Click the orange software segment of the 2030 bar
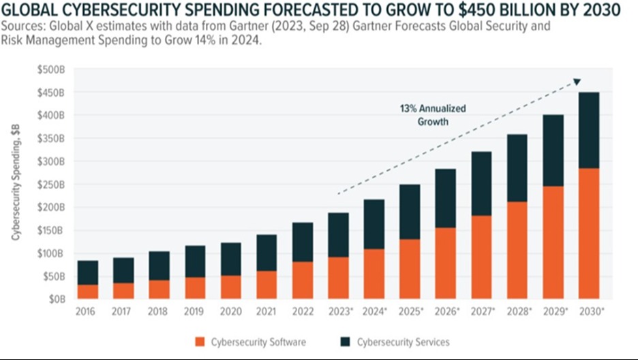pyautogui.click(x=589, y=233)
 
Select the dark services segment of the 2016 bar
pyautogui.click(x=88, y=273)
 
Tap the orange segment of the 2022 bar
pyautogui.click(x=303, y=280)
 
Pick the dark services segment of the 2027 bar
pyautogui.click(x=481, y=184)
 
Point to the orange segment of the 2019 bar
pyautogui.click(x=196, y=288)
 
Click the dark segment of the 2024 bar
pyautogui.click(x=374, y=225)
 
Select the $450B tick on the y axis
pyautogui.click(x=51, y=93)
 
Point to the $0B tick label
pyautogui.click(x=57, y=299)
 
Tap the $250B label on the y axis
pyautogui.click(x=51, y=184)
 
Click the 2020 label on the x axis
pyautogui.click(x=230, y=312)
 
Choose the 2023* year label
pyautogui.click(x=341, y=312)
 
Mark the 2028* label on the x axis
pyautogui.click(x=519, y=312)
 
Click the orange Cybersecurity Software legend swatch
pyautogui.click(x=200, y=342)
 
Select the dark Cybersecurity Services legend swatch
pyautogui.click(x=346, y=342)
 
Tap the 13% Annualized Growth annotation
pyautogui.click(x=433, y=115)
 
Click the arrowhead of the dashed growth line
pyautogui.click(x=577, y=82)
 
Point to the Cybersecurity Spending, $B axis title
pyautogui.click(x=16, y=182)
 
